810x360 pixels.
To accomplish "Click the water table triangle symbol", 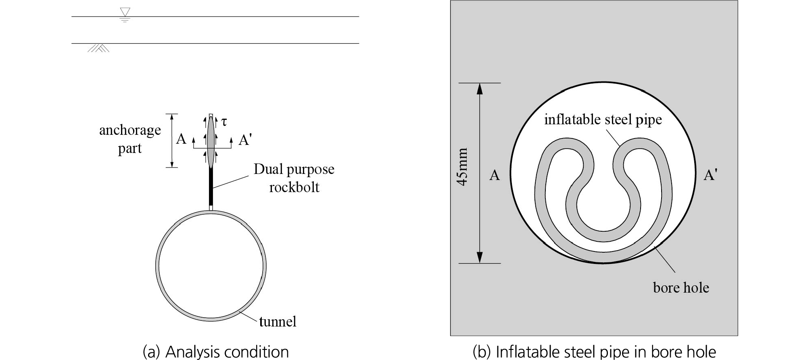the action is pyautogui.click(x=125, y=12).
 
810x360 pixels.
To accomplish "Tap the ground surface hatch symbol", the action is pyautogui.click(x=98, y=48).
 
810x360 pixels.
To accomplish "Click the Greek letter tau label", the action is pyautogui.click(x=224, y=121).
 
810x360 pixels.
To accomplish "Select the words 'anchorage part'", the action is pyautogui.click(x=130, y=139).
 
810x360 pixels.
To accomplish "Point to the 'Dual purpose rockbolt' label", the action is pyautogui.click(x=294, y=178).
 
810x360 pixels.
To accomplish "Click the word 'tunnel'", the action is pyautogui.click(x=278, y=322).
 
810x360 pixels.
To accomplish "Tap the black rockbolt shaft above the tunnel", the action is pyautogui.click(x=211, y=186).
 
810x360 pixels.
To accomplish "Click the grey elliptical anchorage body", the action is pyautogui.click(x=211, y=142).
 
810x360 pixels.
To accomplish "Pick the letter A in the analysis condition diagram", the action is pyautogui.click(x=181, y=139).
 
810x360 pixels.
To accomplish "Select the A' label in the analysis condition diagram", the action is pyautogui.click(x=245, y=140).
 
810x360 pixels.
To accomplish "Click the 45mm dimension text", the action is pyautogui.click(x=462, y=167).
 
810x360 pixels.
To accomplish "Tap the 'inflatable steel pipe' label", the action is pyautogui.click(x=603, y=119).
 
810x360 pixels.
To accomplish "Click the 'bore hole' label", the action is pyautogui.click(x=681, y=288).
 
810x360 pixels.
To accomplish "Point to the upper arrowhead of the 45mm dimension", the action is pyautogui.click(x=480, y=88).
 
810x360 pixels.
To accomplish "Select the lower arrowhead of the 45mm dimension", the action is pyautogui.click(x=480, y=257).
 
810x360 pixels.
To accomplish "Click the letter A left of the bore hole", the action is pyautogui.click(x=495, y=175).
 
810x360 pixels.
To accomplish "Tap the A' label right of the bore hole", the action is pyautogui.click(x=710, y=175).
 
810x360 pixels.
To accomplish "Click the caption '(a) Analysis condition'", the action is pyautogui.click(x=216, y=352).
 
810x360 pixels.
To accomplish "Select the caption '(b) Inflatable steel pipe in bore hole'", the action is pyautogui.click(x=594, y=352).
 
